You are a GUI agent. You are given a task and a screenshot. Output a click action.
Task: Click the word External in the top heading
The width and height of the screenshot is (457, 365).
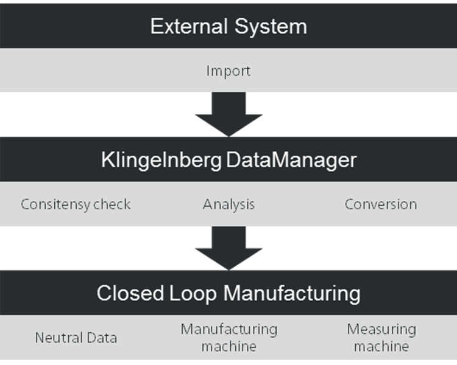[189, 27]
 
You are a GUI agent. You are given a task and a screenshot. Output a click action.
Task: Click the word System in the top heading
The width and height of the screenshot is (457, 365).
[271, 27]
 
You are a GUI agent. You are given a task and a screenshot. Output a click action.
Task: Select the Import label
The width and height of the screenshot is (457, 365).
[228, 71]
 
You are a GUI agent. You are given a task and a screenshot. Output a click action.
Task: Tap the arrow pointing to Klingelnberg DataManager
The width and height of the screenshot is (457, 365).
[228, 114]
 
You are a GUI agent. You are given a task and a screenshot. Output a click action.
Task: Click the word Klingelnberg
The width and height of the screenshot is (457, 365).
[161, 161]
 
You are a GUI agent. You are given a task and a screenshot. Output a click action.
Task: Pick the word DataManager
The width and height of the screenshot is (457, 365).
[291, 160]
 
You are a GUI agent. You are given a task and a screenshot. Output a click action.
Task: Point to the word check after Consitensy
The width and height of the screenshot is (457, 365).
[112, 204]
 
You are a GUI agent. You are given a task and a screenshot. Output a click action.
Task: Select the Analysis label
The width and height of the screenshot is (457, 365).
[228, 204]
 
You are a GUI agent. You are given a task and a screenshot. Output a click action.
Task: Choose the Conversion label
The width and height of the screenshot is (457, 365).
[381, 204]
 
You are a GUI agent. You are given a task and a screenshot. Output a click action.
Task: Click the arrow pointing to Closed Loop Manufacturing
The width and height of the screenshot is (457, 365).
[228, 248]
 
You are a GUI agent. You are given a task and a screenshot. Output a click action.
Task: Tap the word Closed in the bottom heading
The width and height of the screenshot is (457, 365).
[130, 293]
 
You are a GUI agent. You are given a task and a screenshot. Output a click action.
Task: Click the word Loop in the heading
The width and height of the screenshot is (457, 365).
[193, 294]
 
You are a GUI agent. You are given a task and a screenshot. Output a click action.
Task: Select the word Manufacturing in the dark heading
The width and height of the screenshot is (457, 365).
[292, 294]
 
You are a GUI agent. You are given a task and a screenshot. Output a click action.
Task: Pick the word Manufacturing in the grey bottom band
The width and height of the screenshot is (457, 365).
[229, 330]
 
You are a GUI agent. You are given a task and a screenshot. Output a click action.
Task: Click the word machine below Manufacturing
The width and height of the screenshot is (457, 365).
[229, 346]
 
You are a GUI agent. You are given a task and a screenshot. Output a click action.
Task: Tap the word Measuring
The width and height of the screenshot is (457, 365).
[381, 330]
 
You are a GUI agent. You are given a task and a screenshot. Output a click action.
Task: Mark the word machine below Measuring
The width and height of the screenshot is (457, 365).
[381, 346]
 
